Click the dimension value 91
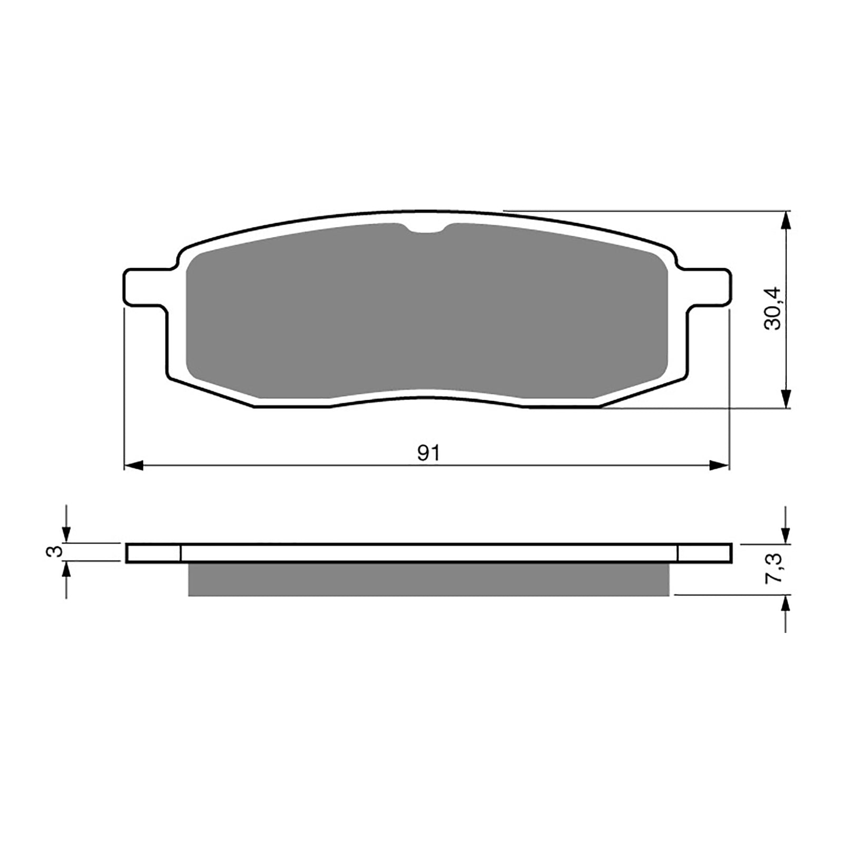pos(428,453)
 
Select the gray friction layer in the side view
pos(428,580)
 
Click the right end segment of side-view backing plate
pos(704,553)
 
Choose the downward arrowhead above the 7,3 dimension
pos(786,534)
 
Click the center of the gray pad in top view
pos(427,311)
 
